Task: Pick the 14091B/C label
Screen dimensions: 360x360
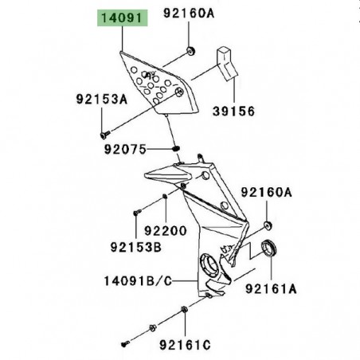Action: tap(139, 280)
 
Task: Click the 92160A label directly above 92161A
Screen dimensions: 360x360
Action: tap(268, 193)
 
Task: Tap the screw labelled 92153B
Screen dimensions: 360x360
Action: tap(136, 213)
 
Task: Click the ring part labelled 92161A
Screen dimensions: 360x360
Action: tap(270, 248)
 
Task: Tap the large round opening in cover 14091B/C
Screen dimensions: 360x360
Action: tap(212, 264)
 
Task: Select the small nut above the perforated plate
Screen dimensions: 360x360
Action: tap(191, 52)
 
